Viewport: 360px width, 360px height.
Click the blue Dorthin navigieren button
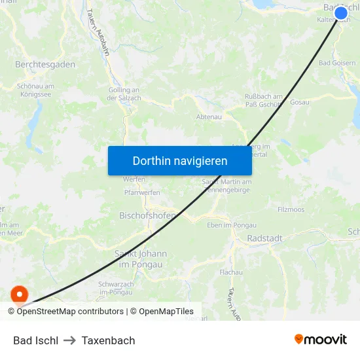coord(180,160)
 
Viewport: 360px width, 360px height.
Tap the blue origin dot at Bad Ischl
coord(340,13)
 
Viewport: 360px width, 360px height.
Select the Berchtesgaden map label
coord(45,65)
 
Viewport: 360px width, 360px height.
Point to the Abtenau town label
coord(209,117)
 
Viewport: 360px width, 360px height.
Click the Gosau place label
coord(299,103)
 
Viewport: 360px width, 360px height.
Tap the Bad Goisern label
coord(336,63)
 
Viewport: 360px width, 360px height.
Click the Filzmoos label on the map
coord(291,210)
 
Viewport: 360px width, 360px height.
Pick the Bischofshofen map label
coord(147,215)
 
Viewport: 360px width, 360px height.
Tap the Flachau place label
coord(231,272)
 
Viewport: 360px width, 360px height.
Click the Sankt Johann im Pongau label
coord(141,258)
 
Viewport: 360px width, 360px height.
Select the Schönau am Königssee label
coord(36,90)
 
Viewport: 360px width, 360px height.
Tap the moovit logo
coord(321,340)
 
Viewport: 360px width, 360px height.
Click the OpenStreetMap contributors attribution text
coord(70,312)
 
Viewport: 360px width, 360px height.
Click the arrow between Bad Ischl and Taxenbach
coord(69,340)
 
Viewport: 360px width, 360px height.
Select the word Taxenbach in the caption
coord(108,340)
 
